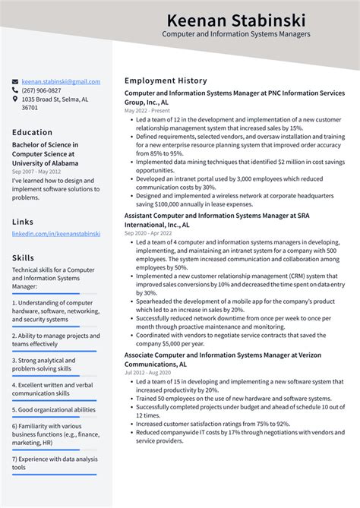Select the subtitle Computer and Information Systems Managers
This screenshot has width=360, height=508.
click(x=235, y=34)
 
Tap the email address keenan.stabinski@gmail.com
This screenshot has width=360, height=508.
click(x=61, y=81)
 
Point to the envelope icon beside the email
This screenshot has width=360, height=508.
click(x=15, y=81)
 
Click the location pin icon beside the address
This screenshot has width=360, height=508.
click(x=15, y=99)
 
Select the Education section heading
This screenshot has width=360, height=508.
click(x=32, y=132)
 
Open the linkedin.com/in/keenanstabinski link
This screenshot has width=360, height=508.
click(x=55, y=234)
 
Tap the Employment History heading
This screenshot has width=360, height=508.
click(x=166, y=80)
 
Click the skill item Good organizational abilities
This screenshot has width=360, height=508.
click(x=54, y=409)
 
